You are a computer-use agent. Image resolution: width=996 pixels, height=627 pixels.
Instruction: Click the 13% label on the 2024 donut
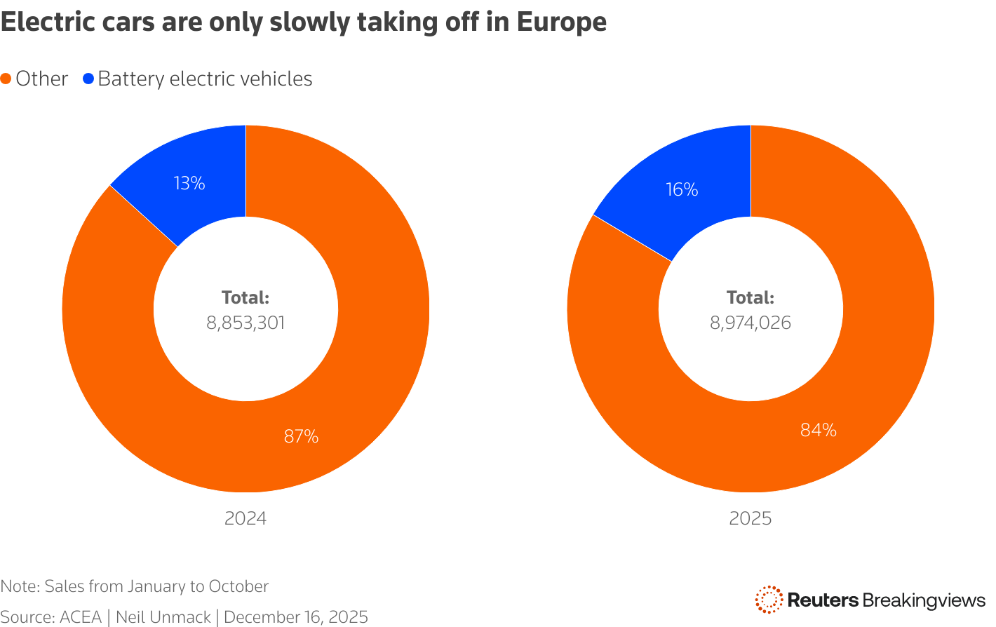coord(189,184)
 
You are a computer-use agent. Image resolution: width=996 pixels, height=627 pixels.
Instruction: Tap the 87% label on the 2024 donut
coord(301,436)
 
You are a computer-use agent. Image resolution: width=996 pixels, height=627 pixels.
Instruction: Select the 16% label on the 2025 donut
coord(682,189)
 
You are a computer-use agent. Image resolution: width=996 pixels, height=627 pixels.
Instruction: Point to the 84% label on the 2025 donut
coord(819,430)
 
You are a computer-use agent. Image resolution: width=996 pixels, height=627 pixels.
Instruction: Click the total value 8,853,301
coord(245,323)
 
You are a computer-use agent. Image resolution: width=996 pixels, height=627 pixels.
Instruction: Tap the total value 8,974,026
coord(751,323)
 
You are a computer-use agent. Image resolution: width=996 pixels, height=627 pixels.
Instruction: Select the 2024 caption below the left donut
coord(245,518)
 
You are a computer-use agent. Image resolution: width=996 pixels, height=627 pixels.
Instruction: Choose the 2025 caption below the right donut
coord(751,518)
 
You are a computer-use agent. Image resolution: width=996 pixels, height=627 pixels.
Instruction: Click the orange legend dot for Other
coord(6,79)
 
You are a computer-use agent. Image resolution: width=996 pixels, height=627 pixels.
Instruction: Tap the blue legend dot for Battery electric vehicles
coord(88,79)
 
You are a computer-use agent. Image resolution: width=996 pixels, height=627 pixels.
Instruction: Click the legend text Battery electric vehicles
coord(205,79)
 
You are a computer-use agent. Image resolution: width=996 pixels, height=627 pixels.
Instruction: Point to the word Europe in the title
coord(561,22)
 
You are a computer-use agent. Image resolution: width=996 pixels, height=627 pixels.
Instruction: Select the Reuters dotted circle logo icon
coord(769,600)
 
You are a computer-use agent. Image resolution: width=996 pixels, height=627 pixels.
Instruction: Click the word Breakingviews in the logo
coord(924,600)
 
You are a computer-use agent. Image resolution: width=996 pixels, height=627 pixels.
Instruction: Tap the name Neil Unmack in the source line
coord(163,617)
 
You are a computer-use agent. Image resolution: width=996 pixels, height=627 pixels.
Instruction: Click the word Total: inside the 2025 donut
coord(751,297)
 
